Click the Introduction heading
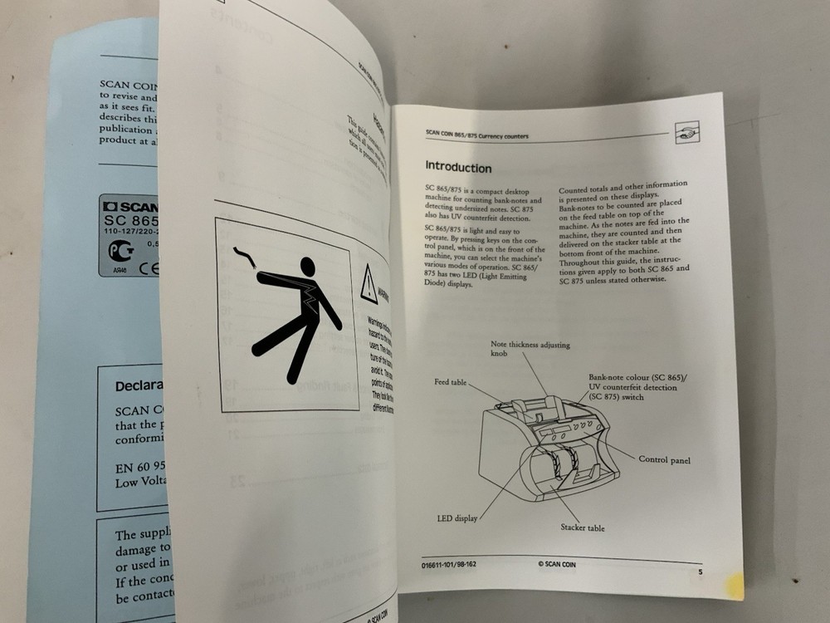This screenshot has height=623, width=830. (458, 168)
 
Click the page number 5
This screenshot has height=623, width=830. (701, 572)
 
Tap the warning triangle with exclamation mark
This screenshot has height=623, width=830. (369, 284)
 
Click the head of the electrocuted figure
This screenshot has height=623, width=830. (307, 267)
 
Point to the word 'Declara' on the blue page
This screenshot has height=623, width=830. (139, 385)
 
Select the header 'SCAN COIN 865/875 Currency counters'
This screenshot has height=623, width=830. (476, 135)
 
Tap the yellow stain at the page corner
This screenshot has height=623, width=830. (732, 586)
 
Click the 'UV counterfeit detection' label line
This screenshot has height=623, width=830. (632, 387)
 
